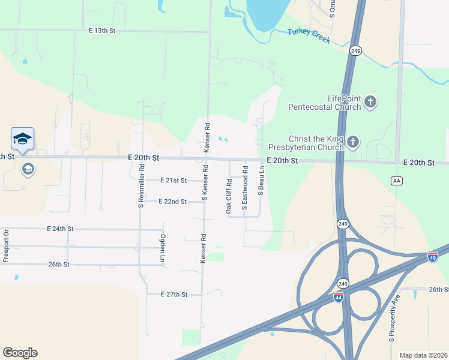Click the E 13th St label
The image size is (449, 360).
point(101,30)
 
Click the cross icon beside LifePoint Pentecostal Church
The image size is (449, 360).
point(370,102)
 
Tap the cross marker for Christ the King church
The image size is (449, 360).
point(353,142)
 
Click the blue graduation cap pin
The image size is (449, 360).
point(23,139)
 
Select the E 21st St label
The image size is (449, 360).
point(174,180)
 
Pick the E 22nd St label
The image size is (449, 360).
point(173,202)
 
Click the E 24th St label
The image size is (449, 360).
point(60,229)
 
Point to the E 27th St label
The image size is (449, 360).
point(175,295)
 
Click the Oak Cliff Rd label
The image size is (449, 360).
point(229,196)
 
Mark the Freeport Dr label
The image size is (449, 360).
point(5,245)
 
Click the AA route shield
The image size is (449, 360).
point(396,180)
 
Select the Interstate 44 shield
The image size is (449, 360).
point(339,297)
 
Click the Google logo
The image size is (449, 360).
point(20,353)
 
